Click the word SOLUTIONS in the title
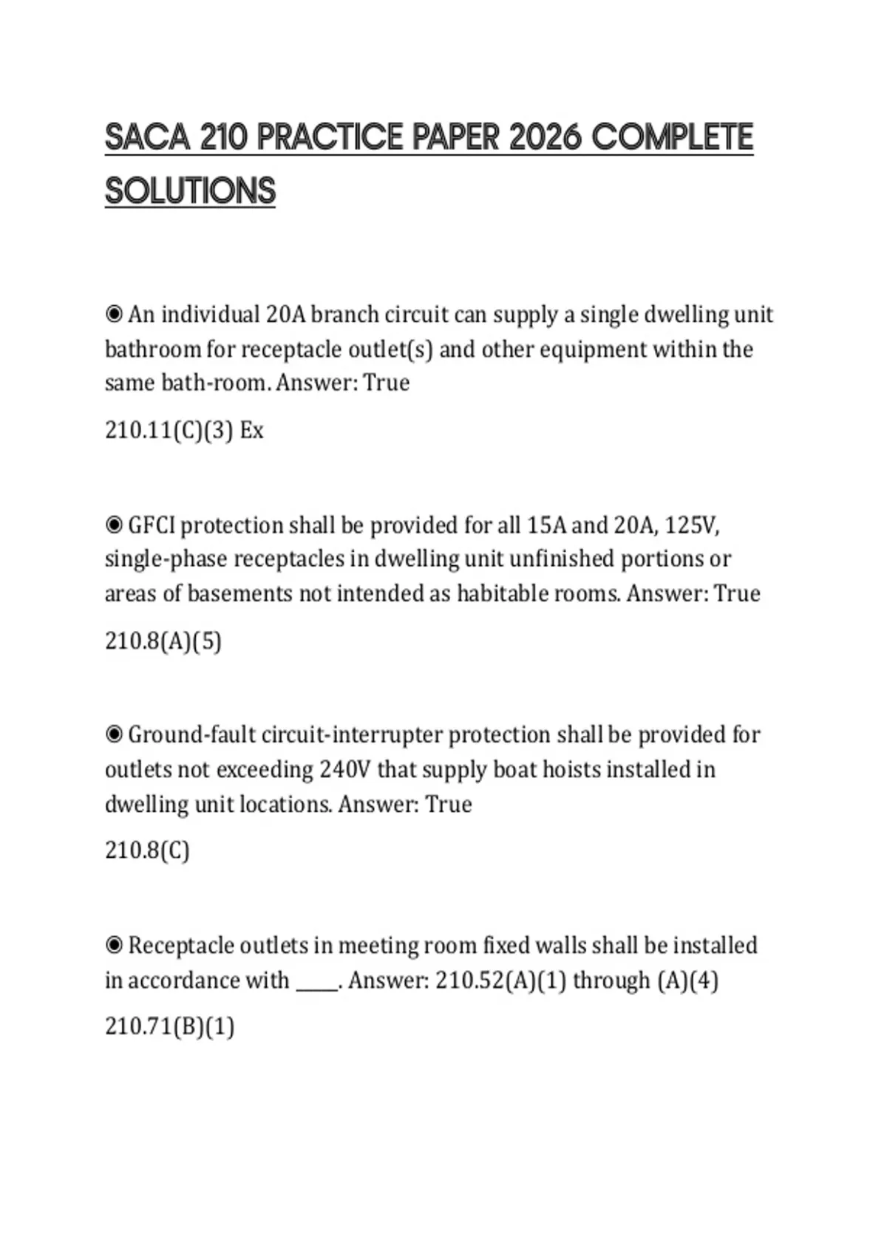190,191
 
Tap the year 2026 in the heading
546,137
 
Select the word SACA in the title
147,137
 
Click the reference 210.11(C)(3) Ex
184,430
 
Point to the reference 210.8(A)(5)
163,641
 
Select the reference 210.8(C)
147,850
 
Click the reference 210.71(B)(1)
169,1026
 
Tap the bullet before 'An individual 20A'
114,315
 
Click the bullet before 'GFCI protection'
114,525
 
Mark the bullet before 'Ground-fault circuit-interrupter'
114,735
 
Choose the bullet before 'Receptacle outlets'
114,946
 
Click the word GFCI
152,525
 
